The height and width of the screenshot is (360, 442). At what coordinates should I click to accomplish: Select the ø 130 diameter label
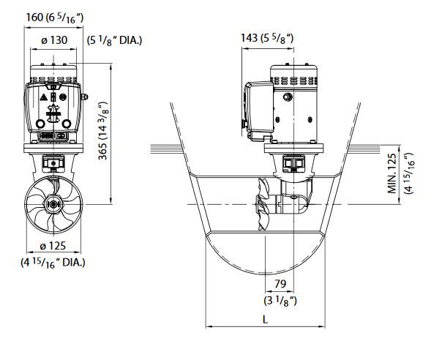pyautogui.click(x=55, y=40)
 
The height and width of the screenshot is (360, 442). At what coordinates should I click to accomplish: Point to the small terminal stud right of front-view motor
pyautogui.click(x=86, y=96)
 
